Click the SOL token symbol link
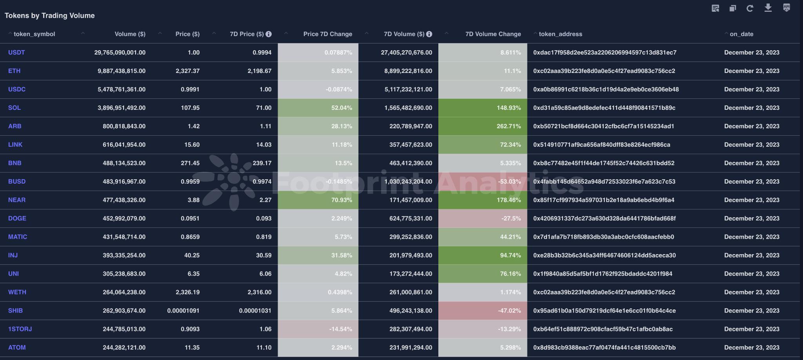[x=15, y=108]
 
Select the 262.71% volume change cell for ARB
[x=509, y=126]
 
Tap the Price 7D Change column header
[x=327, y=34]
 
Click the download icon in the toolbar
[x=768, y=8]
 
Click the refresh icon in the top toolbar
[x=750, y=8]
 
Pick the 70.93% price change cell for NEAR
[x=341, y=200]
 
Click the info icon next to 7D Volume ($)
[x=429, y=34]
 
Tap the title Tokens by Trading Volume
[x=50, y=16]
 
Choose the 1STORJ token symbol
[x=20, y=329]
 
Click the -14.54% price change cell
[x=340, y=329]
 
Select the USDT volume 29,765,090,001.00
[x=120, y=53]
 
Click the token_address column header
[x=560, y=34]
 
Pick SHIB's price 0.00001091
[x=183, y=311]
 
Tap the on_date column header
[x=741, y=34]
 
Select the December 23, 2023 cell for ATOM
[x=752, y=347]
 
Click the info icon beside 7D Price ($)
[x=269, y=34]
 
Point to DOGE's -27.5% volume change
[x=511, y=218]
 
